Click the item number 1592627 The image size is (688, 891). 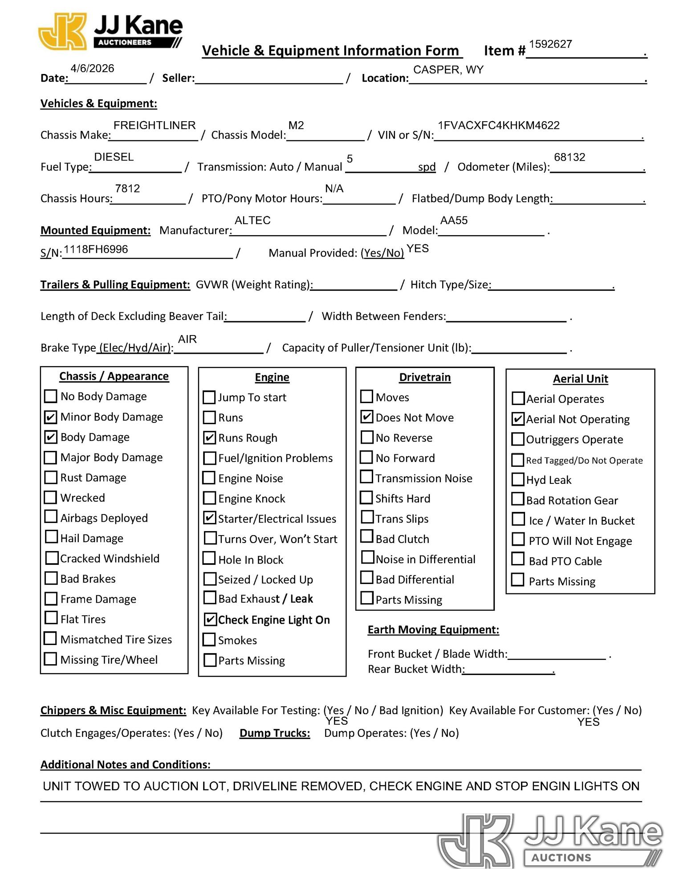tap(550, 44)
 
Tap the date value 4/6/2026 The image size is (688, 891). tap(92, 68)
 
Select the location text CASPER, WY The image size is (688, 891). tap(448, 70)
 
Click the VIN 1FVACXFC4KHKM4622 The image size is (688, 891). tap(498, 125)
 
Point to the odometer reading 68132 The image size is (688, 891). tap(569, 157)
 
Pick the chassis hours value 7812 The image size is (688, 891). tap(127, 188)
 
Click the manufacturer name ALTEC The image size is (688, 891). tap(252, 221)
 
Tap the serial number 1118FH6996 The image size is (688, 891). tap(96, 249)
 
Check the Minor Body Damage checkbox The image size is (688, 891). tap(51, 417)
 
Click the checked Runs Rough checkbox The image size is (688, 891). tap(209, 438)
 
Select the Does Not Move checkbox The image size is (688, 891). tap(366, 417)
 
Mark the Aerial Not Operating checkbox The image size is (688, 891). tap(518, 419)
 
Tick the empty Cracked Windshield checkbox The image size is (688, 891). tap(52, 558)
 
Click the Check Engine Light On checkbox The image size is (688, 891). tap(210, 620)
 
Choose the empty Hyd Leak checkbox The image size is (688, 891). tap(518, 480)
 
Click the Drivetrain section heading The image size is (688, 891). tap(424, 377)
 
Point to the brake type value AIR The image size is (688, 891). tap(187, 339)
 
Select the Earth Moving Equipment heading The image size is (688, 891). tap(433, 629)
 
